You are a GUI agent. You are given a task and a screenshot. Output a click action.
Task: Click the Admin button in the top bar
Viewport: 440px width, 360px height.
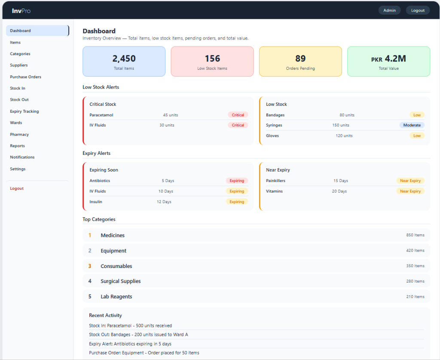(x=389, y=10)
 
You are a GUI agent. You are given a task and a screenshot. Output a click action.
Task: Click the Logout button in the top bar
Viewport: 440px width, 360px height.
(x=418, y=10)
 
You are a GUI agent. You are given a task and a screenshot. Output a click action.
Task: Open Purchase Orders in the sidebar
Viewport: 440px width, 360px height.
(x=25, y=77)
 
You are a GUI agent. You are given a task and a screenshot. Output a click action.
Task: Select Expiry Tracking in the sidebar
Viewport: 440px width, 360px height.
(x=24, y=111)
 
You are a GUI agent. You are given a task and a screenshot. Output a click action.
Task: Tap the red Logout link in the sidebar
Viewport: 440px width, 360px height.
(x=17, y=188)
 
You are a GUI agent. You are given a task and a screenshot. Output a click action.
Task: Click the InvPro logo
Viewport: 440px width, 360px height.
(x=21, y=11)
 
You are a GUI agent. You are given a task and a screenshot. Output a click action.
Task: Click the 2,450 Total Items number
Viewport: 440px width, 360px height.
(x=124, y=58)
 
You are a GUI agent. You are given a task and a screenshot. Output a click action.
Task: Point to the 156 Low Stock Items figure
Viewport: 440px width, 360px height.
(x=212, y=58)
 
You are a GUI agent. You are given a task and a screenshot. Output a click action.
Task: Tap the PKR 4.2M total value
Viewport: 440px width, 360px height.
(x=388, y=58)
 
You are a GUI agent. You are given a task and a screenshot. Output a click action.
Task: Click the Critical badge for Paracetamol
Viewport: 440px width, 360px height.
(x=238, y=115)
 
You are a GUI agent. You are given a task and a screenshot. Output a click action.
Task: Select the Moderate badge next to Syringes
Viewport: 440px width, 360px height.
(x=412, y=125)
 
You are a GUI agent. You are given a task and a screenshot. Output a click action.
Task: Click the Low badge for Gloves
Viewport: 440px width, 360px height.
(x=417, y=135)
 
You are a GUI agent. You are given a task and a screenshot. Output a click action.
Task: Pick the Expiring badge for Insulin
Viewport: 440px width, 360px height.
(x=237, y=202)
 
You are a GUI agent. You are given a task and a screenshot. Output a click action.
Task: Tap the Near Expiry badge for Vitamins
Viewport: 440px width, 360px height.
(x=410, y=191)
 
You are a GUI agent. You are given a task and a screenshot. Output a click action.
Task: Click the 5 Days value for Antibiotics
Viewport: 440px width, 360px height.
(x=168, y=181)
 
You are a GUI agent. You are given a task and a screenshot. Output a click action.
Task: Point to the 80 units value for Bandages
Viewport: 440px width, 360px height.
(x=347, y=115)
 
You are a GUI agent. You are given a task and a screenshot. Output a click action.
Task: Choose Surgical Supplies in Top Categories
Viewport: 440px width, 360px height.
(x=121, y=281)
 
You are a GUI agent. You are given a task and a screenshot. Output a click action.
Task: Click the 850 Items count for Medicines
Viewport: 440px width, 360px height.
(x=416, y=235)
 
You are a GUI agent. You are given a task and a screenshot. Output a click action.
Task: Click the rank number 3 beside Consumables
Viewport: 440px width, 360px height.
(x=90, y=266)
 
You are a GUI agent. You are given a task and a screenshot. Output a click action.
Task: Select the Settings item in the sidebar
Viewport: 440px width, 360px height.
(x=18, y=169)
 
